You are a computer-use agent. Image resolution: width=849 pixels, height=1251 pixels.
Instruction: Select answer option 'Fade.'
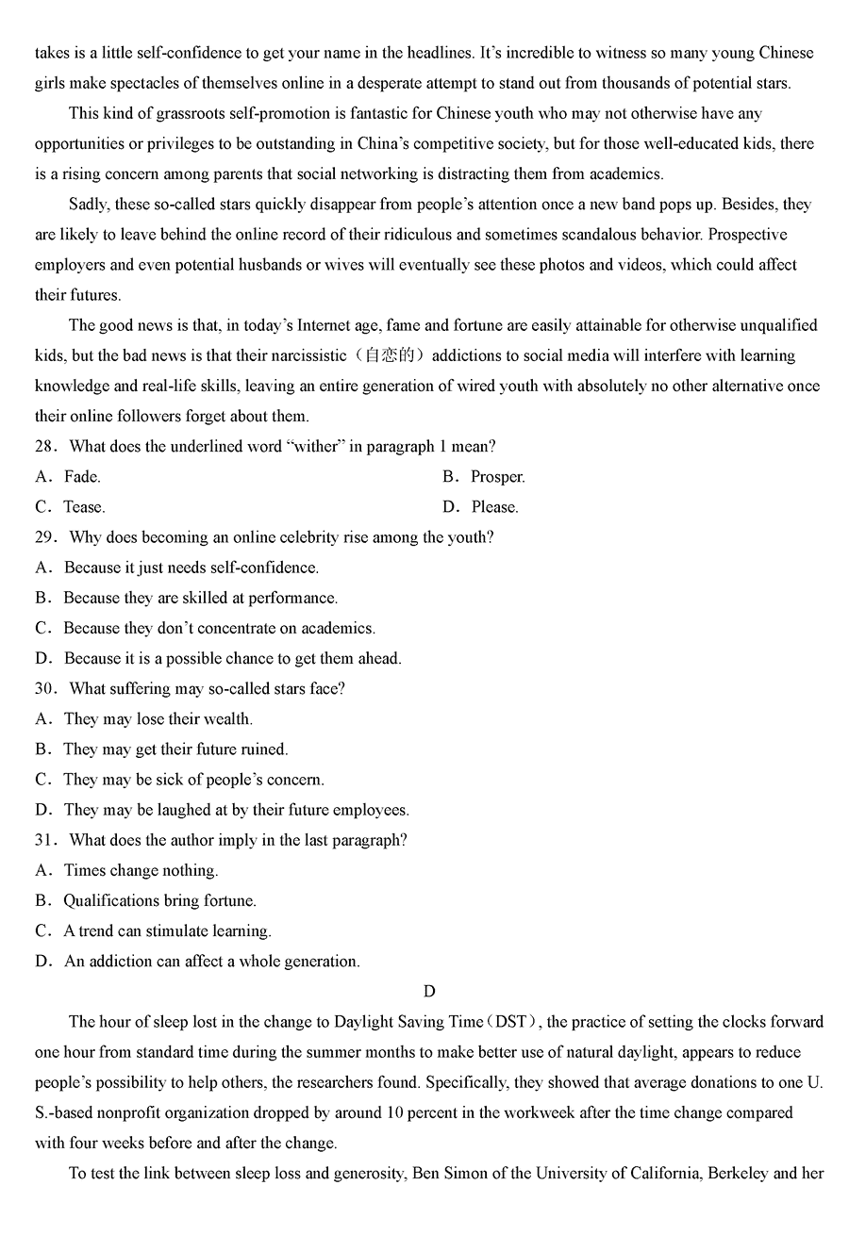click(82, 477)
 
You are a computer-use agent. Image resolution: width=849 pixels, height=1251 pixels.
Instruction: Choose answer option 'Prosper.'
click(497, 477)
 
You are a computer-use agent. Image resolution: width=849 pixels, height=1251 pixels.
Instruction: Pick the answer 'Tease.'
click(84, 507)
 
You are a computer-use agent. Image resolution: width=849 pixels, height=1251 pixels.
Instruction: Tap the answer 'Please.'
click(494, 507)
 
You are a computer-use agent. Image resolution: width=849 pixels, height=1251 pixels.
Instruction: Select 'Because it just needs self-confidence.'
click(191, 568)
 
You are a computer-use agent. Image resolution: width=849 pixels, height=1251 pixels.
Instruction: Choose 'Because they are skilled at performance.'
click(200, 598)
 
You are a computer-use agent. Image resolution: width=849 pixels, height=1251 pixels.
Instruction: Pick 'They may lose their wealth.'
click(158, 719)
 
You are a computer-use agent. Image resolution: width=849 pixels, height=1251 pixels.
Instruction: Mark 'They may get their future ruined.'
click(175, 749)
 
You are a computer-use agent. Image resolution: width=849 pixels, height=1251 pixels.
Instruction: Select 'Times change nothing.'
click(141, 870)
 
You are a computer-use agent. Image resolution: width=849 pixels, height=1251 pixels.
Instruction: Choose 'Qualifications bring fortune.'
click(159, 900)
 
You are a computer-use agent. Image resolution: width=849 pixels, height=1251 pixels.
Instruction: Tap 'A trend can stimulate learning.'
click(167, 930)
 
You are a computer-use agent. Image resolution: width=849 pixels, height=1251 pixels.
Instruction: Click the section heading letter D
click(429, 991)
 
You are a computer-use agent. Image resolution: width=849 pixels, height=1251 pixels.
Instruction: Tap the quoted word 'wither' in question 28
click(314, 447)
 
